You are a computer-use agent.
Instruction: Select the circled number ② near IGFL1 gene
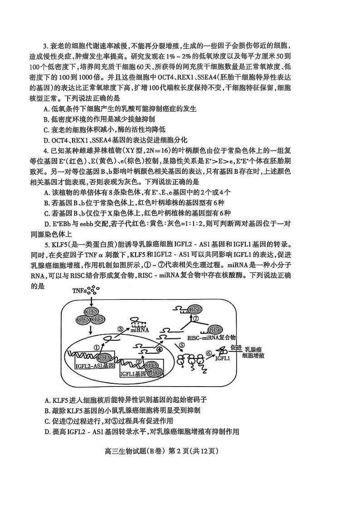(x=140, y=362)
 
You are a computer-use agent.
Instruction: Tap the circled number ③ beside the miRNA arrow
(x=121, y=328)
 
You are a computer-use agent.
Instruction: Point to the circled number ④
(x=159, y=349)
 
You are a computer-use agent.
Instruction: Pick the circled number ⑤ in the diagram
(x=182, y=345)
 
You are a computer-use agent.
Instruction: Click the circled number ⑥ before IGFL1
(x=209, y=352)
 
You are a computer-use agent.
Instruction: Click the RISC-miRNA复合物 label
(x=212, y=338)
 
